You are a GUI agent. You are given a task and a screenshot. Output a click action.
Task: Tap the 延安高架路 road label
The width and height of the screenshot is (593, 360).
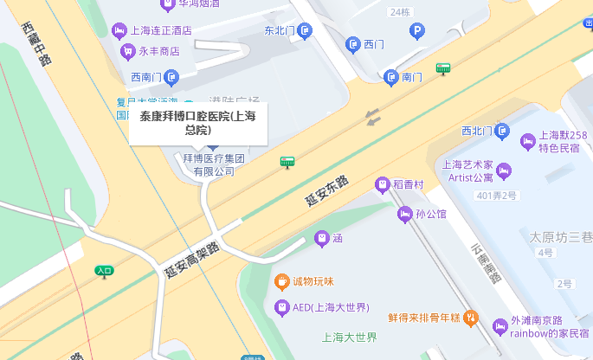[x=191, y=260]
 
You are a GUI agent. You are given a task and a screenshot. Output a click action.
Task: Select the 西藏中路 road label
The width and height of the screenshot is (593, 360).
[x=39, y=42]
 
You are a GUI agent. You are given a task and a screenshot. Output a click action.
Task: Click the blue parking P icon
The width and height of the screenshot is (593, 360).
[x=417, y=32]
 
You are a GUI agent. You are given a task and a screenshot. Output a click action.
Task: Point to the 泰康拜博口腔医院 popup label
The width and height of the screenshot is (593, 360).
[x=197, y=123]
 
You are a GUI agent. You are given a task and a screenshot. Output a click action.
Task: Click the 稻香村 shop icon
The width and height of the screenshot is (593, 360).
[x=381, y=183]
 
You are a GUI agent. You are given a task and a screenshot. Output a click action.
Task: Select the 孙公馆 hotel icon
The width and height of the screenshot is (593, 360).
[x=403, y=214]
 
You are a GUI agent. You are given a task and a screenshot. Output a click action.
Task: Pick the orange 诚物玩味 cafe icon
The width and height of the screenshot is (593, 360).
[x=281, y=281]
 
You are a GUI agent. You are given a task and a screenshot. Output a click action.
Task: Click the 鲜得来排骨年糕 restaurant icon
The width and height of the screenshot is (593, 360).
[x=470, y=317]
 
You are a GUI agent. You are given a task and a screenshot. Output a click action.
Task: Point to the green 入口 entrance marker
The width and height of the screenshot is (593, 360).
[x=104, y=272]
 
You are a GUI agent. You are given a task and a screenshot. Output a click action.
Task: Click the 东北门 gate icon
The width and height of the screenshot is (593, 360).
[x=304, y=31]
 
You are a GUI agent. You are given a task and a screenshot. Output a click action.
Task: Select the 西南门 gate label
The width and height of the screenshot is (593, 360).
[x=147, y=78]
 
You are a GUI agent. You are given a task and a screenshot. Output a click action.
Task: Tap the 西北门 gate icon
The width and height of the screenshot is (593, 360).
[x=501, y=131]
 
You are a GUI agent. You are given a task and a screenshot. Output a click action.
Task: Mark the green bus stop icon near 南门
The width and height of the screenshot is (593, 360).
[x=443, y=67]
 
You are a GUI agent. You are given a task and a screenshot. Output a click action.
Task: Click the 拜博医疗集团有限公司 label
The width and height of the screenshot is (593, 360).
[x=214, y=165]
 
